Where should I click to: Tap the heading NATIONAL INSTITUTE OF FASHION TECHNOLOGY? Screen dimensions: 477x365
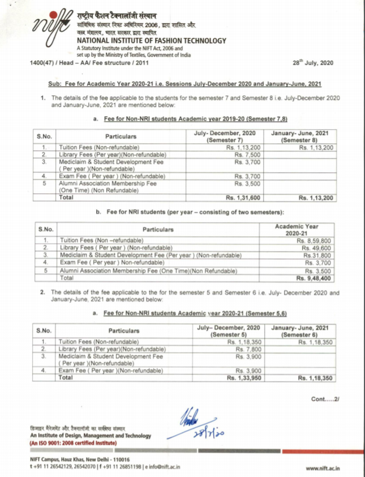[x=152, y=41]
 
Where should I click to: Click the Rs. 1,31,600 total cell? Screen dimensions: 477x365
[x=244, y=198]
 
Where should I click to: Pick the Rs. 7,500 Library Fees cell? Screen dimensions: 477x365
[x=248, y=154]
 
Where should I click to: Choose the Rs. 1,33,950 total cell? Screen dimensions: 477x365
[x=244, y=377]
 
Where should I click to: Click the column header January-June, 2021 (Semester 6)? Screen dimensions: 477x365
[x=299, y=331]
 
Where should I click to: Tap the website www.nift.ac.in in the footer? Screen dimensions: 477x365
[x=325, y=468]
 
